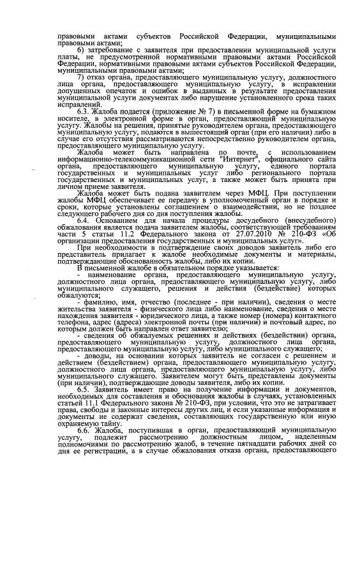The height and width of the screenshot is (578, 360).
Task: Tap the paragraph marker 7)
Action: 80,77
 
